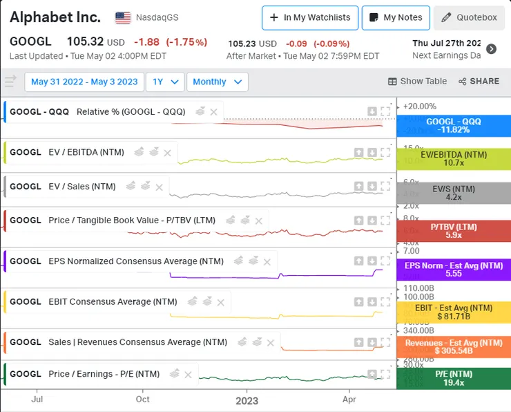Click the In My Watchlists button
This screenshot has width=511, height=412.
coord(309,17)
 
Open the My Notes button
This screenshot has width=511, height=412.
coord(396,17)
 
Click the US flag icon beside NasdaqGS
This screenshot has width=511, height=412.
coord(123,17)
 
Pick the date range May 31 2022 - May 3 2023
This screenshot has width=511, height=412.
coord(84,82)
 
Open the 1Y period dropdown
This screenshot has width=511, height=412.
coord(165,82)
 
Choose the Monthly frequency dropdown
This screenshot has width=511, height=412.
coord(217,82)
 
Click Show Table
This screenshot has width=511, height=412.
coord(417,82)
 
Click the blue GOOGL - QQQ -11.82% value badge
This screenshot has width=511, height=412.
coord(453,125)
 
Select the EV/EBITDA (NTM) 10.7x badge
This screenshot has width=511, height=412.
coord(453,159)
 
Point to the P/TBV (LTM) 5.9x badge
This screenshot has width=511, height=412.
coord(453,231)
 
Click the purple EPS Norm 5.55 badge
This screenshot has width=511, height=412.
coord(453,270)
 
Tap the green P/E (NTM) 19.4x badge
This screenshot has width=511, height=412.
coord(453,377)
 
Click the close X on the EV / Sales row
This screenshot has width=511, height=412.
coord(160,187)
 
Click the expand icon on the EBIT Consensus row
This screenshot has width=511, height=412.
coord(385,302)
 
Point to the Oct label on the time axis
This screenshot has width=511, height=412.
coord(142,400)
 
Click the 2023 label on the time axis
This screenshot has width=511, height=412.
coord(247,400)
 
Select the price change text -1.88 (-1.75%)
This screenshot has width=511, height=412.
coord(170,42)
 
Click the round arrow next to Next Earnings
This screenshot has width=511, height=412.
coord(491,49)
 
